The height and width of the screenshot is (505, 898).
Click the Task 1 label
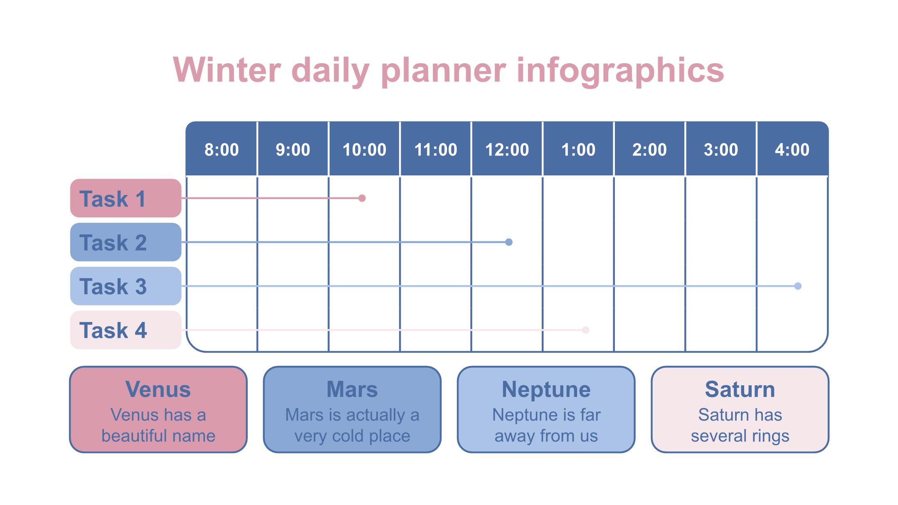click(x=126, y=198)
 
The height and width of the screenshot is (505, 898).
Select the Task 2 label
click(x=126, y=242)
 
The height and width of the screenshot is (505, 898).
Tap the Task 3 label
click(x=126, y=286)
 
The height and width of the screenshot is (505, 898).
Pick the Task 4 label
click(x=126, y=330)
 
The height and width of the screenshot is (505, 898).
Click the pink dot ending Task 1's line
click(x=362, y=198)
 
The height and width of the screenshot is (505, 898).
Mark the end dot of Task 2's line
click(x=509, y=242)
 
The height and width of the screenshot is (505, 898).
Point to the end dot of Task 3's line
click(x=798, y=286)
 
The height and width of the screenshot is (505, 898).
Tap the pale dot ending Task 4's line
click(x=586, y=330)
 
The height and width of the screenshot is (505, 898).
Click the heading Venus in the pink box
click(x=158, y=389)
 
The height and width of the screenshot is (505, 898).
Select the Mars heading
click(x=352, y=389)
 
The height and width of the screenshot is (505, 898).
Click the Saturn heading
click(x=740, y=389)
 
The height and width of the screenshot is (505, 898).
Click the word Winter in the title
click(x=227, y=70)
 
